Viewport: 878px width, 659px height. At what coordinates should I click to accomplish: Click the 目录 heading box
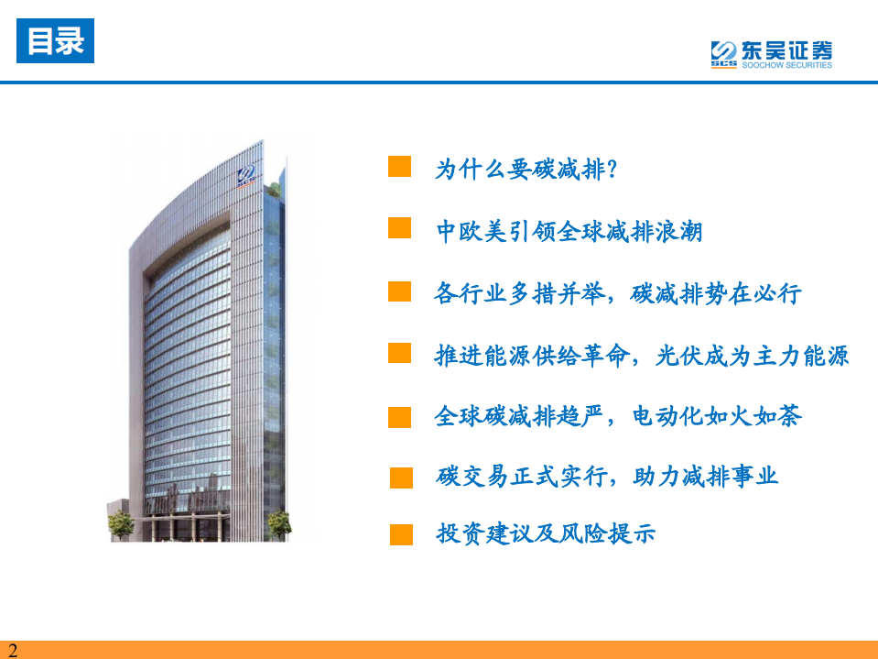[x=56, y=41]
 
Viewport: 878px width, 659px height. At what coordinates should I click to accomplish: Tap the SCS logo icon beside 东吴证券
[x=723, y=54]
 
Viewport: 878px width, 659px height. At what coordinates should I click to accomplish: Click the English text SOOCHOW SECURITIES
[x=786, y=65]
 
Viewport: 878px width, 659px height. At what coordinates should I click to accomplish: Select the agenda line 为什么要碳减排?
[x=526, y=169]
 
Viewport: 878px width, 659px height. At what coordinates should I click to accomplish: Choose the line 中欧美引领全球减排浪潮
[x=569, y=231]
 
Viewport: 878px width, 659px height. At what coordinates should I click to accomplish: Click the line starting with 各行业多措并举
[x=618, y=293]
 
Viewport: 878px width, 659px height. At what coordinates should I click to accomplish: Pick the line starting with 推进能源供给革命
[x=642, y=356]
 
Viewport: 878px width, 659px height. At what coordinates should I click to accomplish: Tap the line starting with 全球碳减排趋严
[x=618, y=416]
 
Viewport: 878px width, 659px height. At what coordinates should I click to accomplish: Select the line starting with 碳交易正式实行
[x=607, y=477]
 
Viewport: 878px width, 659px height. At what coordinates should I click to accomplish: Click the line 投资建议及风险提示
[x=546, y=533]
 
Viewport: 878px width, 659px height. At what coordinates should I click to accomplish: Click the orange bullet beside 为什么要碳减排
[x=400, y=167]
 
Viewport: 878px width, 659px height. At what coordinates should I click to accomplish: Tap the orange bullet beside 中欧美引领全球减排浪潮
[x=400, y=228]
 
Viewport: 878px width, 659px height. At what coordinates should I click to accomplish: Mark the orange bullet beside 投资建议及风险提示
[x=402, y=534]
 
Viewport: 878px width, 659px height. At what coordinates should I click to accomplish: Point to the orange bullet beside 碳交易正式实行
[x=402, y=478]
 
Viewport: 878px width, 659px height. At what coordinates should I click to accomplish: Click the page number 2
[x=13, y=650]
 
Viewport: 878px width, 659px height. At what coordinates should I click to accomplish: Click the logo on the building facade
[x=245, y=176]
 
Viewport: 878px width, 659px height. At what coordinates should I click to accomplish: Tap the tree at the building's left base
[x=120, y=525]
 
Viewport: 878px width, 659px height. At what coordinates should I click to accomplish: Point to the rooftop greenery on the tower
[x=274, y=190]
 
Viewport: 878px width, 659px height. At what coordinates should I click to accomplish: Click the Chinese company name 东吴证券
[x=786, y=50]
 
